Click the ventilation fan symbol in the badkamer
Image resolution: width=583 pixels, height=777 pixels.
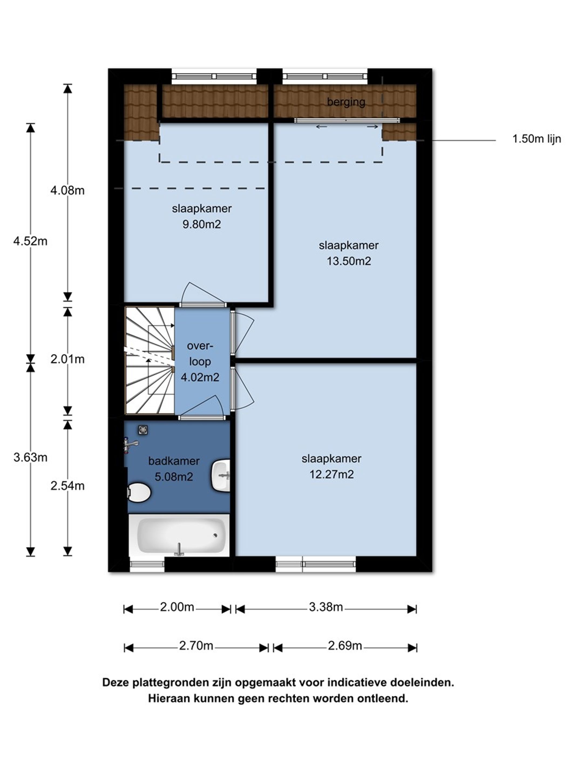pos(142,430)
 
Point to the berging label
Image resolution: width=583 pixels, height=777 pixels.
pos(346,102)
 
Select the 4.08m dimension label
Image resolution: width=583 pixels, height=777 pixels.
pos(67,190)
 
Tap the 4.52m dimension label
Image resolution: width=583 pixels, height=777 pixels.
pos(30,241)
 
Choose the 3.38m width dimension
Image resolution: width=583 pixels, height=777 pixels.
pos(326,607)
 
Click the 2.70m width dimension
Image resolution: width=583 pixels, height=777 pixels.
pos(196,646)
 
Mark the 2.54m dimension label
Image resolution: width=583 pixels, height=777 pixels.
pos(67,486)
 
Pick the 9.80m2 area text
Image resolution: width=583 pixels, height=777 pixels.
pos(202,224)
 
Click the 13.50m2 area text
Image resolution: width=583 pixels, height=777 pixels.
pos(349,261)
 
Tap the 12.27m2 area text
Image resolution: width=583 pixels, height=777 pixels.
pos(331,474)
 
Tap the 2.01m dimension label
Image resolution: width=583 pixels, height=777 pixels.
pos(67,359)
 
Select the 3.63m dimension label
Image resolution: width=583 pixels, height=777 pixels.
pos(30,457)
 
